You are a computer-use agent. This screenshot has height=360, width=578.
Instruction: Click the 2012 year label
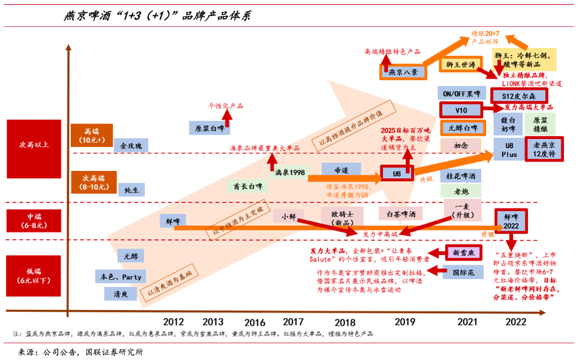[x=174, y=321]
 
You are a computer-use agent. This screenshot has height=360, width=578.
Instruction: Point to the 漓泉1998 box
[x=290, y=172]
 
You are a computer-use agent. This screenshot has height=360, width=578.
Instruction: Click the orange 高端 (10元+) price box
[x=93, y=136]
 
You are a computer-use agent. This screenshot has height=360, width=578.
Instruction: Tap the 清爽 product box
[x=121, y=293]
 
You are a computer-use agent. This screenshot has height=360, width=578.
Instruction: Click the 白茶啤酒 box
[x=401, y=214]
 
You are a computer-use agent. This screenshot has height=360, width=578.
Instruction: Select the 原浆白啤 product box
[x=206, y=127]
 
